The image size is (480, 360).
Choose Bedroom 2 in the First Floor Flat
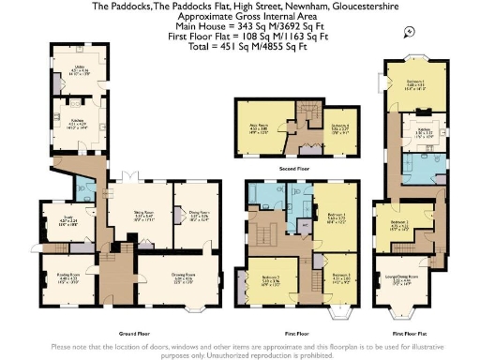tap(399, 225)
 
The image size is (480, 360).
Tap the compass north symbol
tap(410, 32)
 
